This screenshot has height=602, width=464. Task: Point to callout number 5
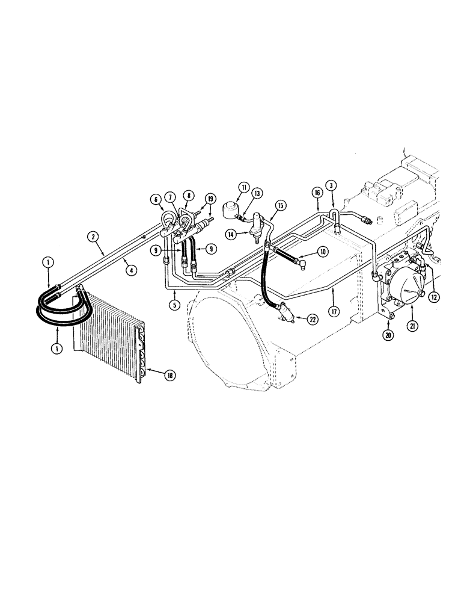coord(174,305)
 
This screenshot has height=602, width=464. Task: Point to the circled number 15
coord(279,205)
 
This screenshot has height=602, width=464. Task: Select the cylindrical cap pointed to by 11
coord(228,212)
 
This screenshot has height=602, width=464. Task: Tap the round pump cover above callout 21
coord(403,288)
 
